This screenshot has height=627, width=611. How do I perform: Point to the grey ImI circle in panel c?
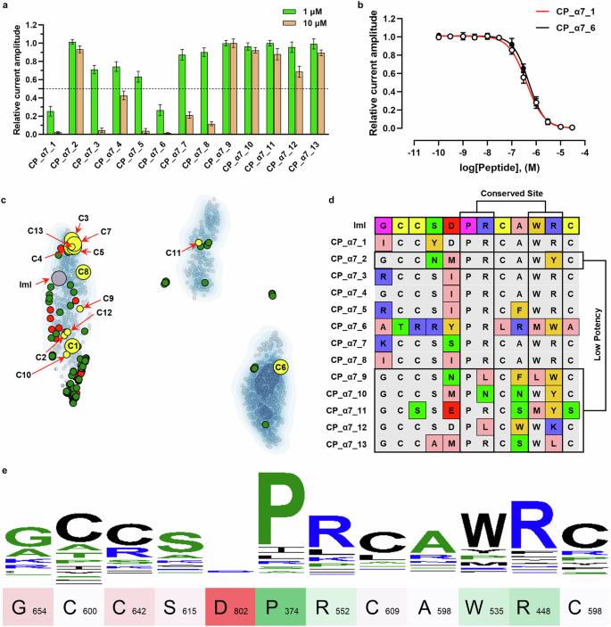coord(59,279)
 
